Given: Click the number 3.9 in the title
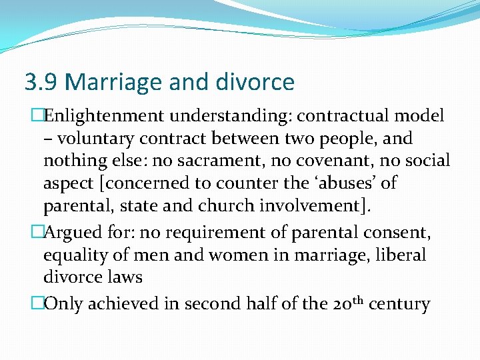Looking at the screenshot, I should point(41,83).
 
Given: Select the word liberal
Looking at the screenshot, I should point(402,255).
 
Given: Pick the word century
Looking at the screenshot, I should point(399,305).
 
